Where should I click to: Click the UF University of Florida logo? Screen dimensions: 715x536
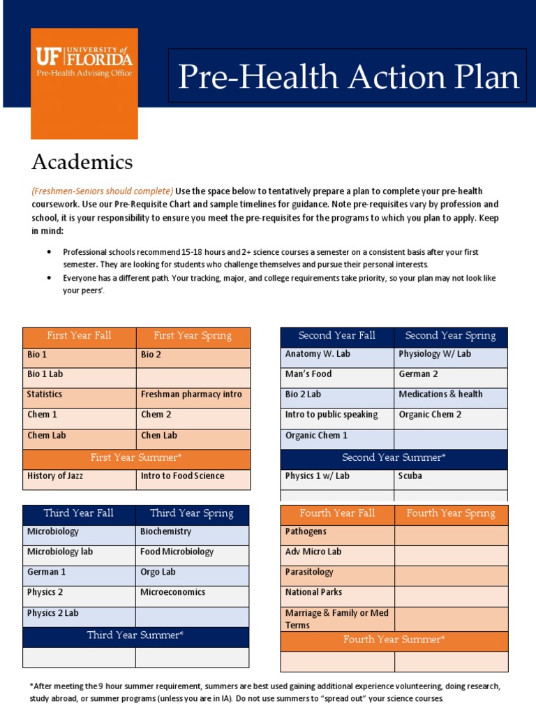(84, 62)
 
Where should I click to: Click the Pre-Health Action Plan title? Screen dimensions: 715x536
(348, 77)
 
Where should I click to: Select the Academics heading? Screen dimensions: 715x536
(82, 162)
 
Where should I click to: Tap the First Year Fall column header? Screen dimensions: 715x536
(79, 336)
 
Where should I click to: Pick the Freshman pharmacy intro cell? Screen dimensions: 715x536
(191, 395)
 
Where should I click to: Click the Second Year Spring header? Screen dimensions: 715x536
(450, 336)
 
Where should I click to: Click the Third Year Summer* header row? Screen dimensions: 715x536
(135, 635)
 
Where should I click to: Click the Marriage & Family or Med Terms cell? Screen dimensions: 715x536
(336, 619)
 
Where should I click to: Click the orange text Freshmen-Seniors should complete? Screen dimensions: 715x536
(102, 191)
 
